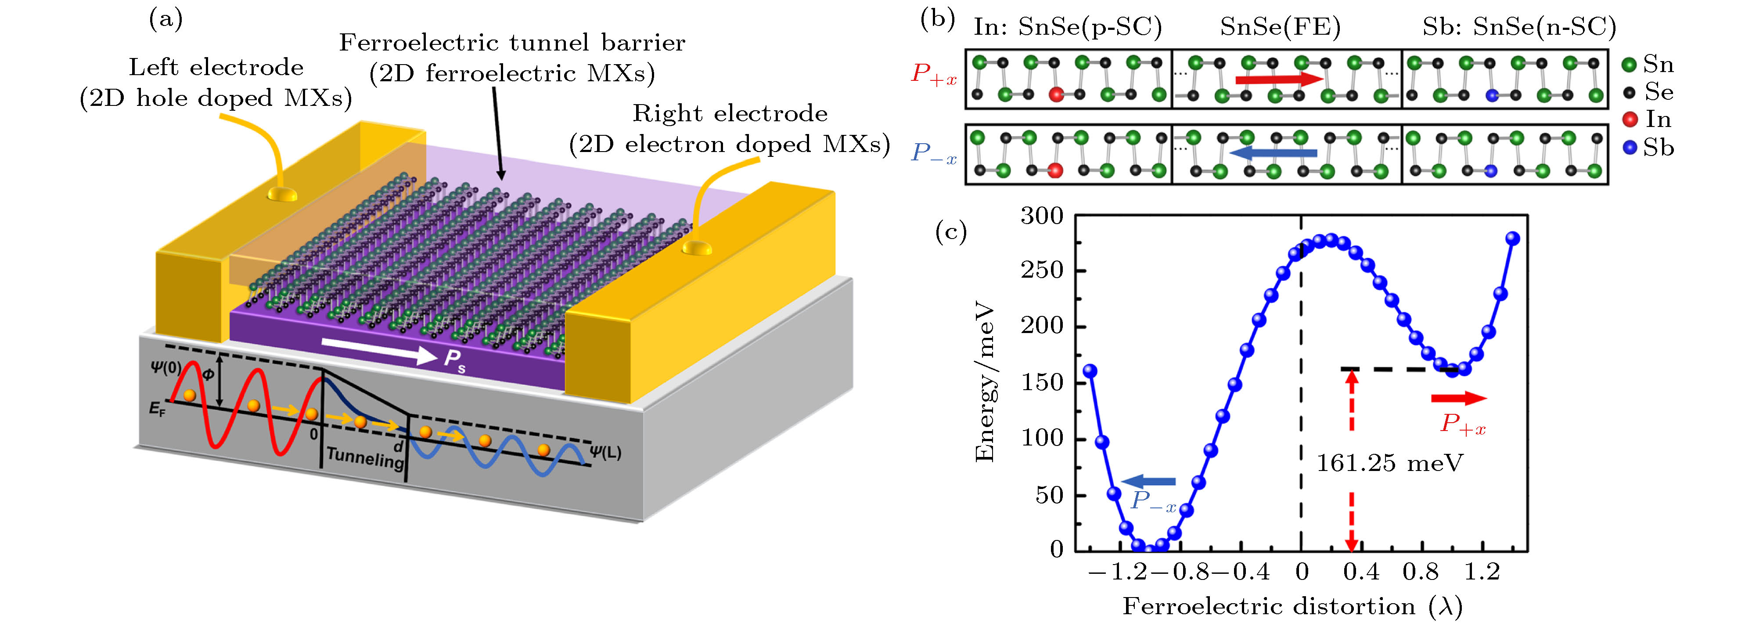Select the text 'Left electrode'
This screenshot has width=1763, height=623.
[x=216, y=67]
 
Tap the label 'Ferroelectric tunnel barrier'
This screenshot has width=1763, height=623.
[x=512, y=43]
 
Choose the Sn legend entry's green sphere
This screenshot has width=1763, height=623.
[x=1630, y=65]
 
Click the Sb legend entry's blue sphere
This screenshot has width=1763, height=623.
[x=1630, y=147]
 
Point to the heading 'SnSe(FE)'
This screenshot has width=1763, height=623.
[x=1280, y=27]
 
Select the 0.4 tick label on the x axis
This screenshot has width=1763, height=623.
[x=1360, y=572]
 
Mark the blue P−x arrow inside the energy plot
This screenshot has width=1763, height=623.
[x=1149, y=482]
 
